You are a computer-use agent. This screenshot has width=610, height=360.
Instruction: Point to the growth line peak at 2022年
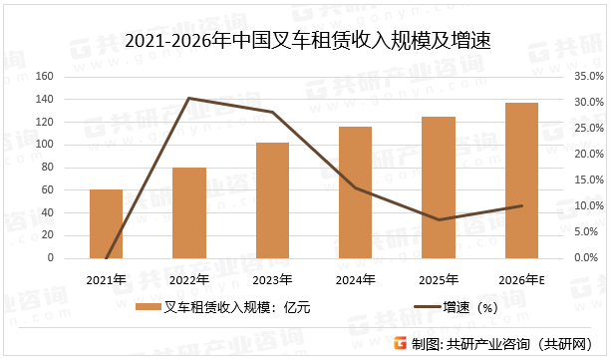point(189,98)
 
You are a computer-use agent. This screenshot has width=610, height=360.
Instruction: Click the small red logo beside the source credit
point(400,344)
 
